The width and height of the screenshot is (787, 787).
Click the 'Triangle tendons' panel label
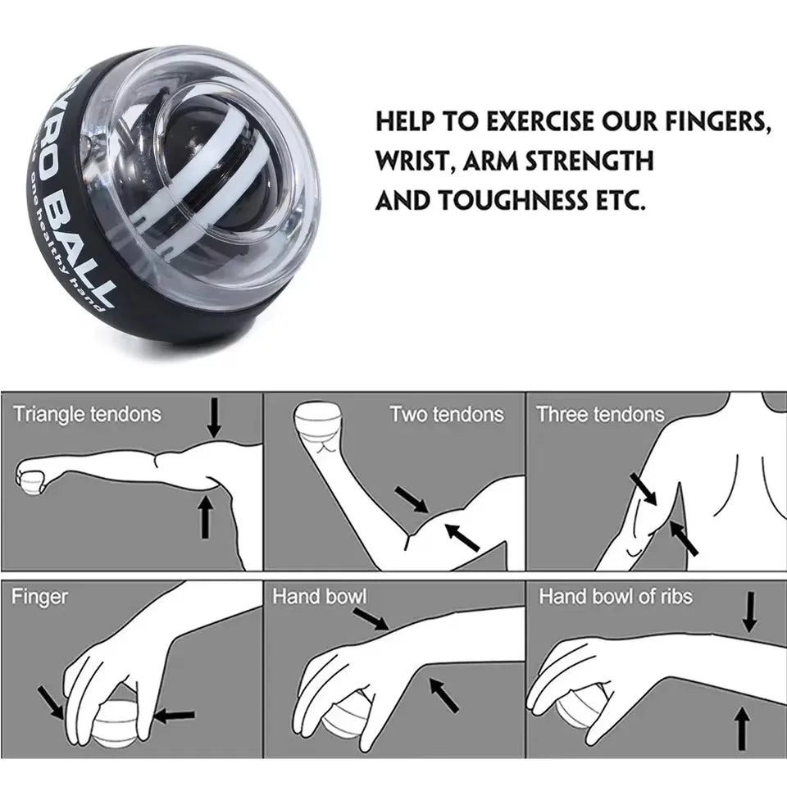tap(87, 414)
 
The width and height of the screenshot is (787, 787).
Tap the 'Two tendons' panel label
tap(447, 414)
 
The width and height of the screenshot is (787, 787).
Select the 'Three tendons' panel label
tap(600, 414)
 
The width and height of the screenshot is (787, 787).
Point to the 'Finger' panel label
tap(39, 596)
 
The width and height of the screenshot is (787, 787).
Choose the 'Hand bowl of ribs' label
tap(615, 596)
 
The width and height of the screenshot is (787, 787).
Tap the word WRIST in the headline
tap(414, 160)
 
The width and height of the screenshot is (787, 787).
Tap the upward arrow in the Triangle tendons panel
tap(205, 516)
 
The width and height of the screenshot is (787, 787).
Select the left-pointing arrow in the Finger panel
tap(175, 715)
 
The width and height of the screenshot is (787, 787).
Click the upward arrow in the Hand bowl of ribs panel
tap(743, 729)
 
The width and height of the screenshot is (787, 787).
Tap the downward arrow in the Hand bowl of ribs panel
tap(749, 613)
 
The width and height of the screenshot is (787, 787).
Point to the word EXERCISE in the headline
tap(540, 122)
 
